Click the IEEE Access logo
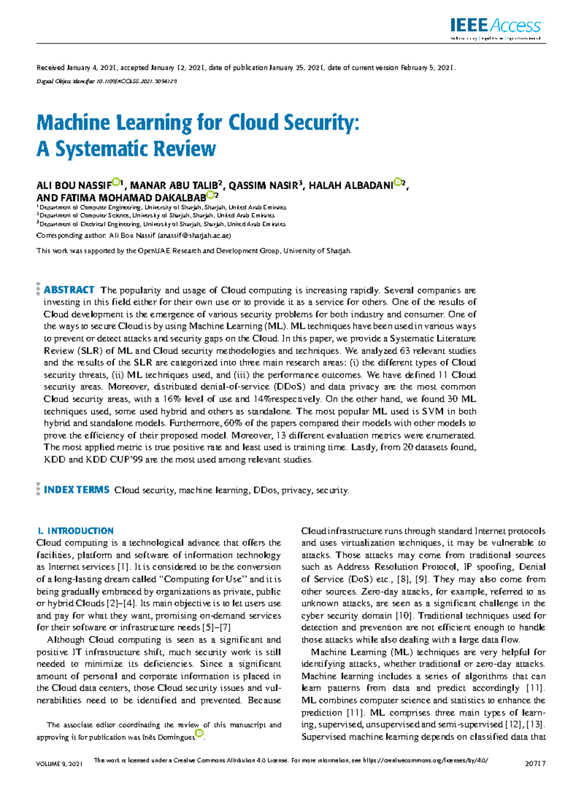[x=495, y=27]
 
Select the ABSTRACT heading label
[x=69, y=290]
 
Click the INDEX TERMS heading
[x=76, y=490]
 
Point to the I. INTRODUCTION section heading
[x=75, y=530]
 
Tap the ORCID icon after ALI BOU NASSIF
[x=115, y=182]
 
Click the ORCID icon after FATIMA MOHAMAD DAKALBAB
[x=210, y=195]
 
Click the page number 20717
[x=535, y=763]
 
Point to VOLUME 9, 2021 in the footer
[x=59, y=763]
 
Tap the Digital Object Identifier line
[x=107, y=81]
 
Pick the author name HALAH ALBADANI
[x=350, y=186]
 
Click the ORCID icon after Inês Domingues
[x=199, y=733]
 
